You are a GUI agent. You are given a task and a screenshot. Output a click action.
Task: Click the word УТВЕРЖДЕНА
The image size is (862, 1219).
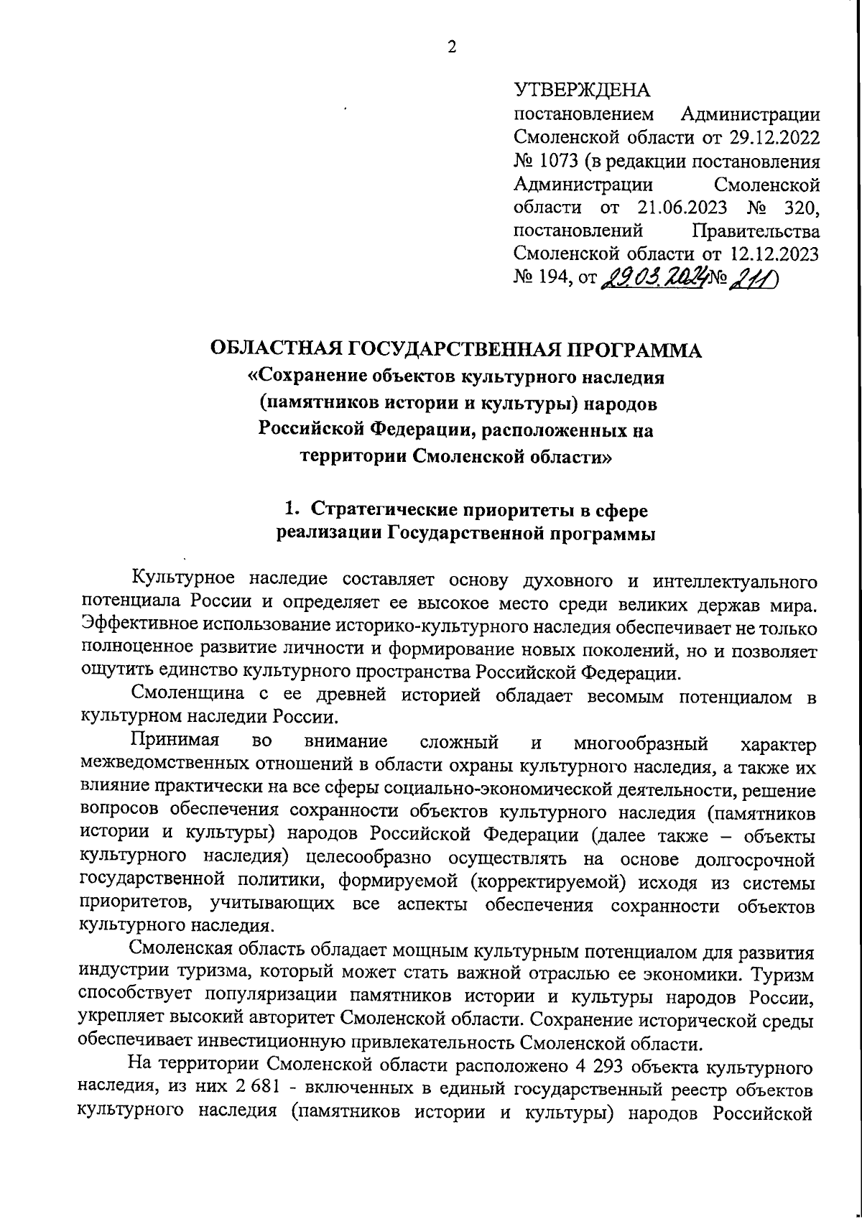pyautogui.click(x=582, y=91)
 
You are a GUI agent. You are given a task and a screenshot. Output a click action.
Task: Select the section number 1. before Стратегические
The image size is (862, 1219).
pyautogui.click(x=291, y=510)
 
